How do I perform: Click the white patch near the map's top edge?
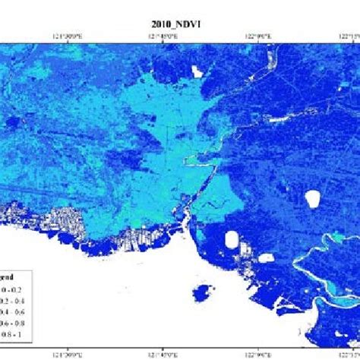pyautogui.click(x=199, y=71)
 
